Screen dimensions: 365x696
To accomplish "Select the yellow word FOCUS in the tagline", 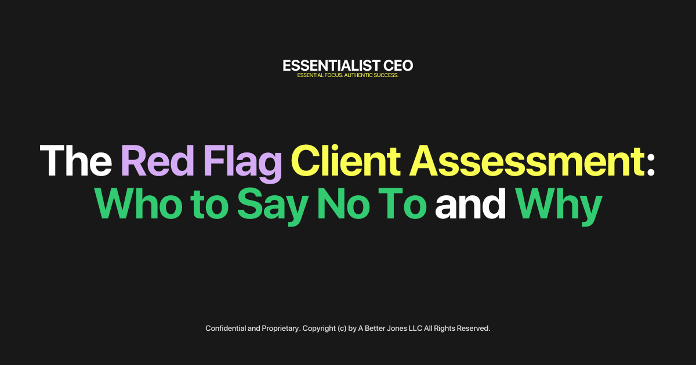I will pyautogui.click(x=325, y=76).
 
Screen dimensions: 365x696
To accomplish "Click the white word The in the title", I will pyautogui.click(x=76, y=160).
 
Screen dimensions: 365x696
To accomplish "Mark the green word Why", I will pyautogui.click(x=558, y=206).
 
